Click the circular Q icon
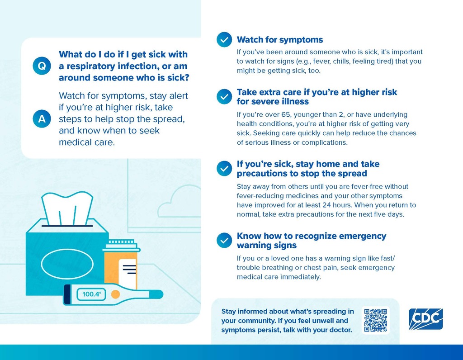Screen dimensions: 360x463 tap(41, 66)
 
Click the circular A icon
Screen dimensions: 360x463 tap(41, 119)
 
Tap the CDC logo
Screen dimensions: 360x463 tap(425, 319)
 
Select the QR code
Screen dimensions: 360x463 tap(375, 320)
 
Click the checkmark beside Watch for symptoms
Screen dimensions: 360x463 tap(224, 40)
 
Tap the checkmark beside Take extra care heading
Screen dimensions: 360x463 tap(224, 97)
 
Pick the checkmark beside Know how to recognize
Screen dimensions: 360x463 tap(224, 240)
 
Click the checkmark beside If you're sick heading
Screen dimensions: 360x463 tap(224, 168)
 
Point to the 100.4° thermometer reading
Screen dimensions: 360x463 tap(92, 294)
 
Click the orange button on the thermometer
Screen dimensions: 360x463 tap(115, 294)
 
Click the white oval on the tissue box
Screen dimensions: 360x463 tap(67, 263)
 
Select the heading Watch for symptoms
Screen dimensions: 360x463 tap(280, 40)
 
